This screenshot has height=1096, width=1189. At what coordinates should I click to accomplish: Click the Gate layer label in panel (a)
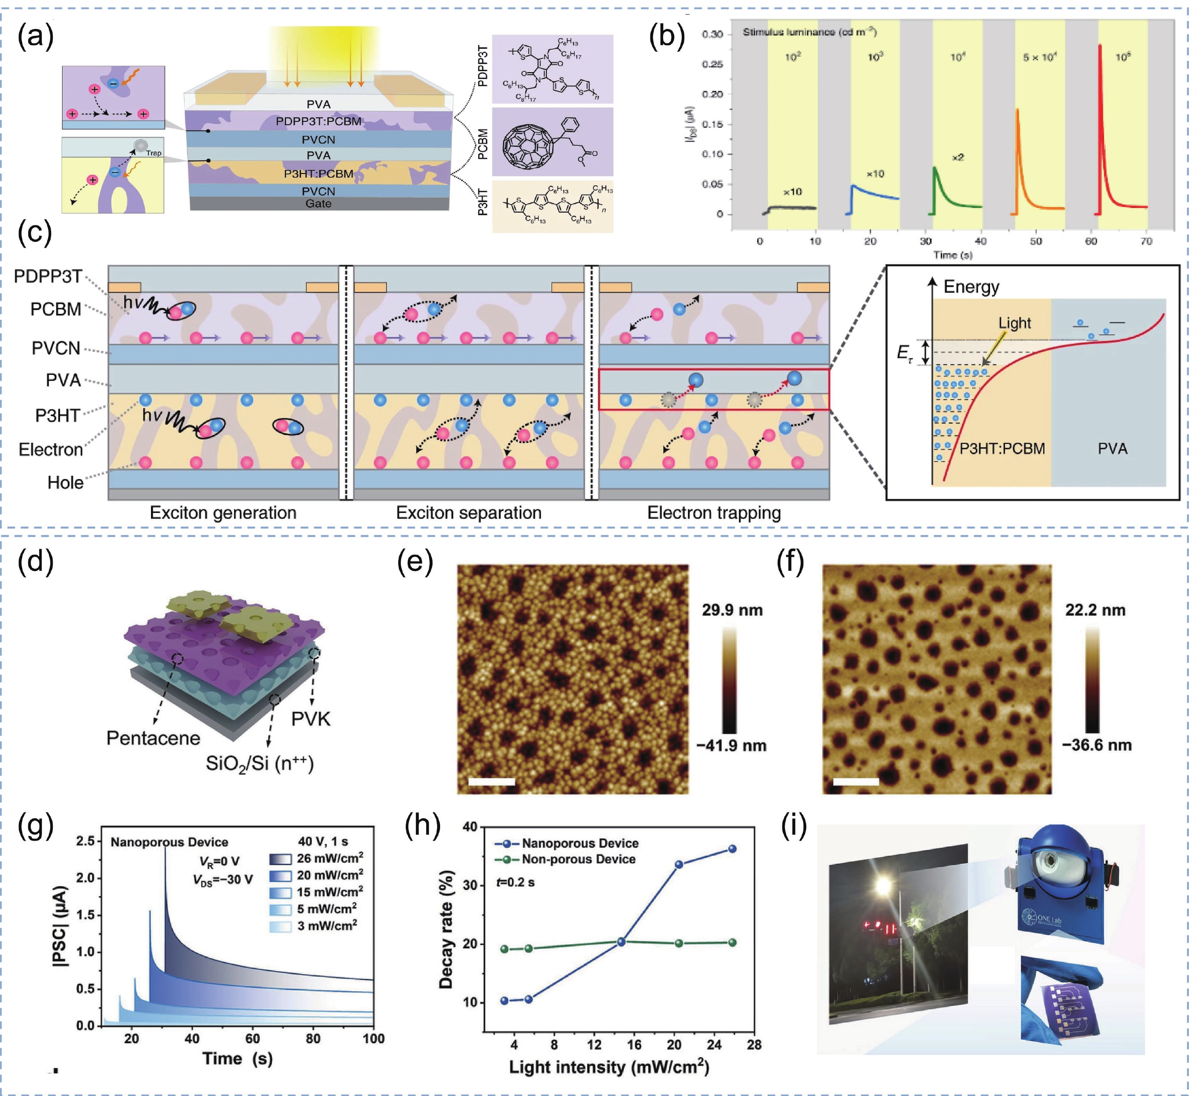point(319,203)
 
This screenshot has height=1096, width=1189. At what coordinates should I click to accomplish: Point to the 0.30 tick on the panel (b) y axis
point(712,34)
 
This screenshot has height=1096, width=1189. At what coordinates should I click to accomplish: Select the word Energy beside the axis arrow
point(971,287)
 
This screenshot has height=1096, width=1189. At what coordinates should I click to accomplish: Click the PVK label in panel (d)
point(311,719)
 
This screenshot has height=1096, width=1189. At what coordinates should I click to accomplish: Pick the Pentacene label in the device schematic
point(153,738)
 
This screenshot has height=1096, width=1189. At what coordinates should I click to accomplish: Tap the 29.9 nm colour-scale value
point(732,610)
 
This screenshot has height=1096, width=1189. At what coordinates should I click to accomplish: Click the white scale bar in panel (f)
point(856,782)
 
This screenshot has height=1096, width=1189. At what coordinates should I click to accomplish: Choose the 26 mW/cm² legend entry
point(329,858)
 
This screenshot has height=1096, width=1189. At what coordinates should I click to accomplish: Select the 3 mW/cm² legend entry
point(326,926)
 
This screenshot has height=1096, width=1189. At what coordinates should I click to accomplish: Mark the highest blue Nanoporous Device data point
point(732,849)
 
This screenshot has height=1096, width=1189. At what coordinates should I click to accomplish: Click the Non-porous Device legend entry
point(578,859)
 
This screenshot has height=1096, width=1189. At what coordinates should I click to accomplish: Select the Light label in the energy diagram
point(1014,323)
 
